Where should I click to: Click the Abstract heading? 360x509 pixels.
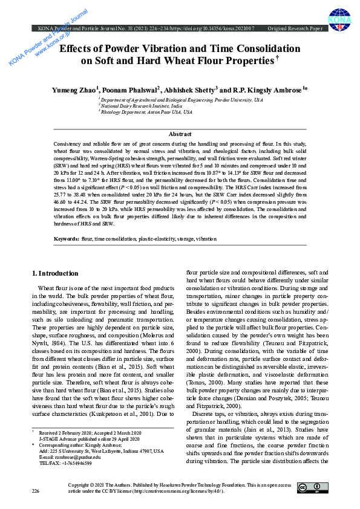[x=180, y=134]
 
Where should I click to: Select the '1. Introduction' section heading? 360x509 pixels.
[x=54, y=273]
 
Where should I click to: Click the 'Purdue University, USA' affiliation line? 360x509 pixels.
[x=182, y=99]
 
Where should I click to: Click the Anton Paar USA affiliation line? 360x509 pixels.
[x=146, y=112]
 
